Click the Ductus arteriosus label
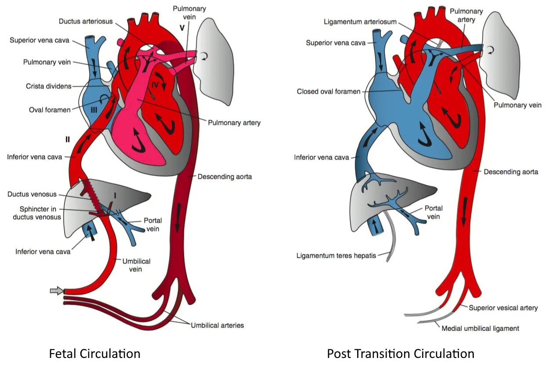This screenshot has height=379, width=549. point(86,21)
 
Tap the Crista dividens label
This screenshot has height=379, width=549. point(48,86)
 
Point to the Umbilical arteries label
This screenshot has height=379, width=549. point(217,325)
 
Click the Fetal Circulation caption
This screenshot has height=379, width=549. point(94,354)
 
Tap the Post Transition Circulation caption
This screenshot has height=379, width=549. point(401,354)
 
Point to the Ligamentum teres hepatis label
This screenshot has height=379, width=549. point(336,255)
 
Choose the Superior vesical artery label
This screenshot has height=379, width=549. point(503,308)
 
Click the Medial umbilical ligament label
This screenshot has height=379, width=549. point(480,328)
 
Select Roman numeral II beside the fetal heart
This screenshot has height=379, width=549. point(67,139)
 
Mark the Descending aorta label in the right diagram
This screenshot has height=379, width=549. point(511,172)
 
